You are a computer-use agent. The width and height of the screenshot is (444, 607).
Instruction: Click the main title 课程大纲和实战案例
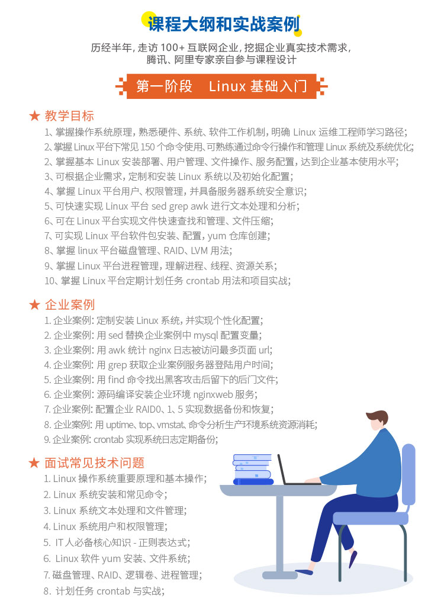pos(224,24)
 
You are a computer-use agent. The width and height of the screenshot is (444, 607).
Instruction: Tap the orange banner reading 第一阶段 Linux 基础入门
pos(221,86)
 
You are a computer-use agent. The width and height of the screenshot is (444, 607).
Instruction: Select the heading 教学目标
pos(69,115)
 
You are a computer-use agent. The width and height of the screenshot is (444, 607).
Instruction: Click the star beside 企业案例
pos(34,304)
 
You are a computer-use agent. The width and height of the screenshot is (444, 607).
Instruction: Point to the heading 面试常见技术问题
pos(95,463)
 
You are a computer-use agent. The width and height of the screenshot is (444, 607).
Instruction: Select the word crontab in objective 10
pos(203,281)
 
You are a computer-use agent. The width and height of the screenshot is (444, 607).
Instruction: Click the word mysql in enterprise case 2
pos(205,336)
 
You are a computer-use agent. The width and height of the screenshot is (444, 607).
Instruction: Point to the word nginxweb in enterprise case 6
pos(213,394)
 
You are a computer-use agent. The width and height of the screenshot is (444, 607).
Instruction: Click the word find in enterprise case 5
pos(116,380)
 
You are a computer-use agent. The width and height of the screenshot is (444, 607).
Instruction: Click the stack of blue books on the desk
pos(253,469)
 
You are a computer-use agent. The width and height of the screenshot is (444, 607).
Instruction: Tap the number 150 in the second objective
pos(147,147)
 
